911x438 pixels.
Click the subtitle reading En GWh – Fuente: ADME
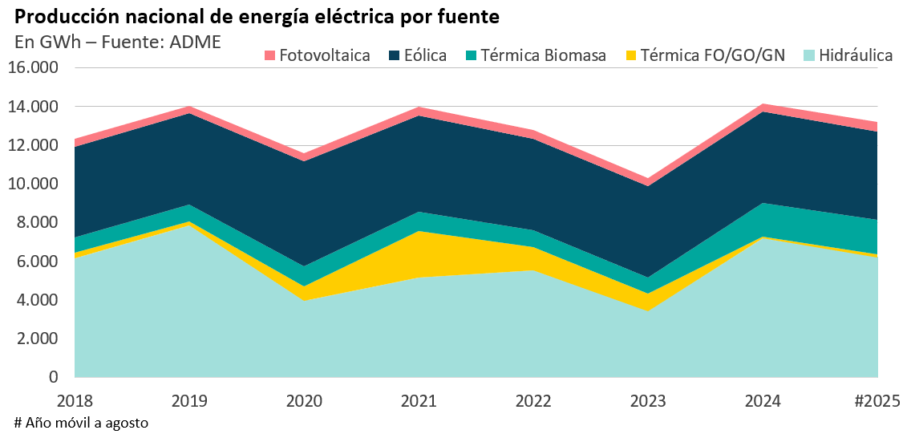click(x=117, y=42)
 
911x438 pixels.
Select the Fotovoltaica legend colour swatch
click(x=269, y=56)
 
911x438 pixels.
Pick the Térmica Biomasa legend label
click(x=544, y=56)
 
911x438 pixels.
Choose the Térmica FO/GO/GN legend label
click(x=713, y=56)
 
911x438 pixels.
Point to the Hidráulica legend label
click(x=856, y=56)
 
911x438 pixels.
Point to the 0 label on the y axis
click(x=55, y=377)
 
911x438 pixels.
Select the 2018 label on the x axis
click(x=75, y=399)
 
